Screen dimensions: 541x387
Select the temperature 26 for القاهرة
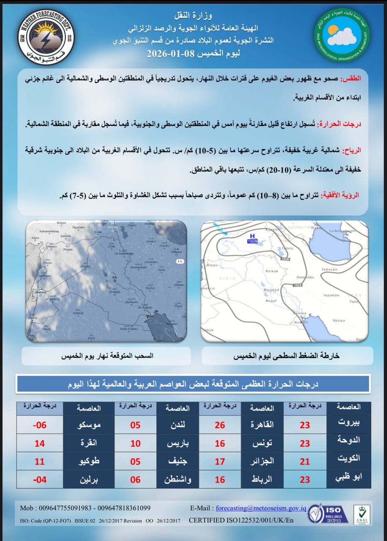tap(220, 425)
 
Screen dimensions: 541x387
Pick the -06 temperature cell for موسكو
tap(39, 425)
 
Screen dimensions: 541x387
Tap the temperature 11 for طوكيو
tap(39, 461)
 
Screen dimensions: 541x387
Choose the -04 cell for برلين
tap(39, 479)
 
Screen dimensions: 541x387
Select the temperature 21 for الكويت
tap(305, 461)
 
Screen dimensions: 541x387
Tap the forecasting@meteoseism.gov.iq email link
tap(261, 508)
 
